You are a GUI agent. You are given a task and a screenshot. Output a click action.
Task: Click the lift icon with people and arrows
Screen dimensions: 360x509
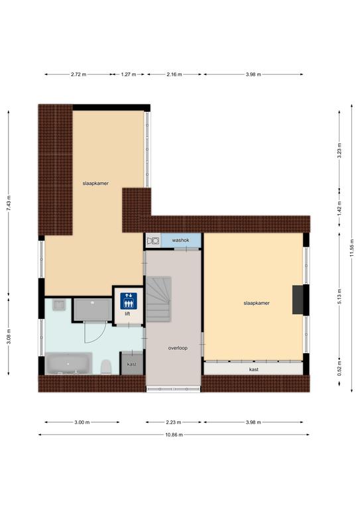[129, 301]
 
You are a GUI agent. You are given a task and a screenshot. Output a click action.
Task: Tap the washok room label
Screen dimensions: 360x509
[180, 240]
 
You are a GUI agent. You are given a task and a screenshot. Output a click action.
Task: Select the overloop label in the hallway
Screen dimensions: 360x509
[178, 348]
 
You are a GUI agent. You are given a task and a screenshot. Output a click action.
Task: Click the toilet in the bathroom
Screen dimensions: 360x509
[106, 367]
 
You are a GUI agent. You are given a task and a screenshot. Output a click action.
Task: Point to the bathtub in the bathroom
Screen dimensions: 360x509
[68, 363]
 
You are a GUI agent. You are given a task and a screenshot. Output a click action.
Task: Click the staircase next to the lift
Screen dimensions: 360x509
[158, 299]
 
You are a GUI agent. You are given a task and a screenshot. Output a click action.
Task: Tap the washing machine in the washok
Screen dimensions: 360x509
[153, 241]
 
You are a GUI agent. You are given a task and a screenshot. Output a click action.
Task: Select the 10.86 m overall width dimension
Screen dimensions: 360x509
[174, 435]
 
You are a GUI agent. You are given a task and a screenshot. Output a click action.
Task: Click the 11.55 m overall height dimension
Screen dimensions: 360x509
[352, 248]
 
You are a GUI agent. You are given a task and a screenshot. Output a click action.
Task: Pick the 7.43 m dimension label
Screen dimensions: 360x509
[9, 203]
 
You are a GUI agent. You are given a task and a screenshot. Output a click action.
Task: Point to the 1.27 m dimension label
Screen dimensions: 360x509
[128, 74]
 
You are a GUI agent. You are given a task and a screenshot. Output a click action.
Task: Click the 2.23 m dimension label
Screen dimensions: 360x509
[173, 422]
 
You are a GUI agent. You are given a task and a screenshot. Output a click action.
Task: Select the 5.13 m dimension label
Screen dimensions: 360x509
[339, 296]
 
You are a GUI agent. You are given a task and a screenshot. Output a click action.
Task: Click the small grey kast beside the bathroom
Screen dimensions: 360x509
[132, 363]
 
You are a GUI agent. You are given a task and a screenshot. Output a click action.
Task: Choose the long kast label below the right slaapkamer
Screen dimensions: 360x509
[253, 369]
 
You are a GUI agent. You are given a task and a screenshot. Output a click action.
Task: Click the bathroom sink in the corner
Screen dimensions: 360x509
[59, 304]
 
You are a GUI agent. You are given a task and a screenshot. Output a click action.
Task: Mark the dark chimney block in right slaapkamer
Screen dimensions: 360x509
[298, 300]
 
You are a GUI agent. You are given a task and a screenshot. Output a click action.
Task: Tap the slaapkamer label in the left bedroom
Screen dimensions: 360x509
[95, 183]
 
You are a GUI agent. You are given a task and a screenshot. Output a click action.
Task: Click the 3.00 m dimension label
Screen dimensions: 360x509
[82, 422]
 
